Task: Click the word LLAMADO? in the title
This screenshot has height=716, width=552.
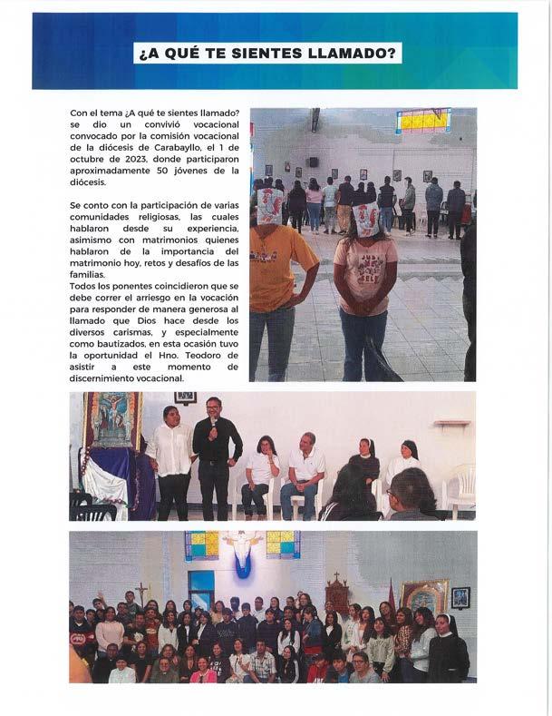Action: tap(353, 54)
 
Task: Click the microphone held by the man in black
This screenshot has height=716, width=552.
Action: tap(213, 425)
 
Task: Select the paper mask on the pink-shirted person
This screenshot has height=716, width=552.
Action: tap(365, 219)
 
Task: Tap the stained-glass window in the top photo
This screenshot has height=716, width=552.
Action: tap(422, 120)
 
